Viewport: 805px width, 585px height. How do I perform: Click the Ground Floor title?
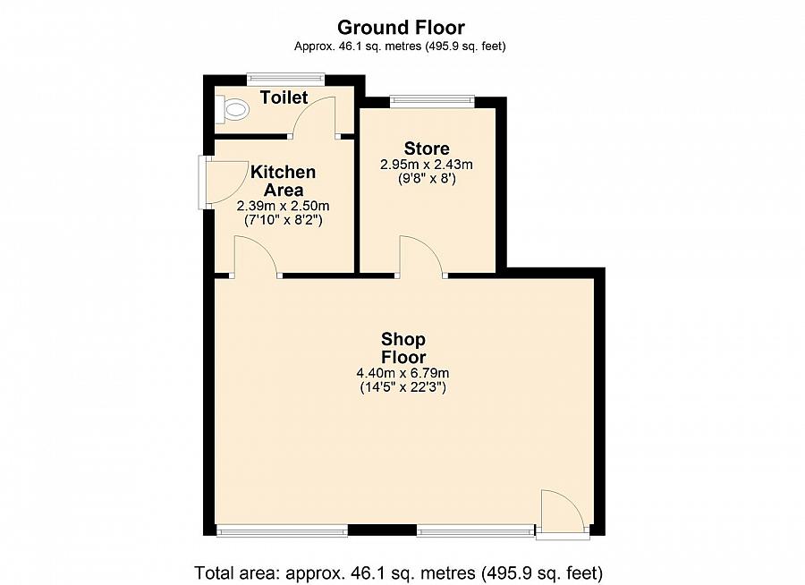(x=401, y=27)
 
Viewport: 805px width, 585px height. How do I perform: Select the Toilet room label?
(x=284, y=97)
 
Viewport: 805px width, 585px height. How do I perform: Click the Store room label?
(x=427, y=148)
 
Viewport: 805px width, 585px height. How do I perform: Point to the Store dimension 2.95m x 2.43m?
(x=426, y=165)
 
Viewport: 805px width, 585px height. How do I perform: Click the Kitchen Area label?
(x=283, y=181)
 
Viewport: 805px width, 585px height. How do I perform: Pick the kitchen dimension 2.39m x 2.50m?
(x=283, y=206)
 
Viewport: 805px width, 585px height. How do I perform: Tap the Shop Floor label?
(x=403, y=348)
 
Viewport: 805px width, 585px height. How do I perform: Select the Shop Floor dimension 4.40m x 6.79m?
(x=403, y=373)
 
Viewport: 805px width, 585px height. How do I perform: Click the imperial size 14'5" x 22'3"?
(x=403, y=386)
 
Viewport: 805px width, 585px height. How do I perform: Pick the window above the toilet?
(x=286, y=78)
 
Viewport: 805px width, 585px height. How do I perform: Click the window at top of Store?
(x=432, y=101)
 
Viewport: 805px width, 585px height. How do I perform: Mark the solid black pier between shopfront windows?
(x=382, y=530)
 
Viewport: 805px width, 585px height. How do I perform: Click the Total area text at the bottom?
(x=398, y=572)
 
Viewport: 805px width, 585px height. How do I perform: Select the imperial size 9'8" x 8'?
(x=427, y=179)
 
